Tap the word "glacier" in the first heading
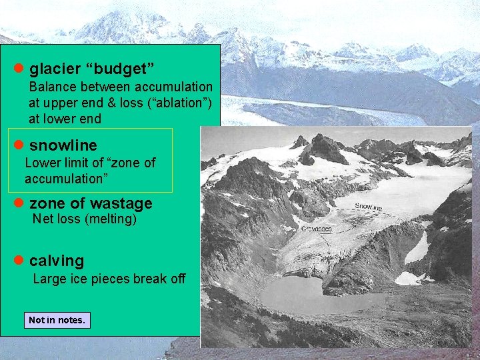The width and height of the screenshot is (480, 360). click(55, 68)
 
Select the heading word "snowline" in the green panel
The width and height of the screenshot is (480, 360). click(63, 145)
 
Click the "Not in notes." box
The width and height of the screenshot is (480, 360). click(57, 320)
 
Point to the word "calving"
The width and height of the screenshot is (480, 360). click(57, 261)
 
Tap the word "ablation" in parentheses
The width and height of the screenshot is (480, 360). click(181, 103)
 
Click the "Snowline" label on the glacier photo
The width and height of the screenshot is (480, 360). click(368, 207)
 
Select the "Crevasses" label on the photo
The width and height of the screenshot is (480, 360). click(317, 229)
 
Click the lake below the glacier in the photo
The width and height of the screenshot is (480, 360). click(313, 293)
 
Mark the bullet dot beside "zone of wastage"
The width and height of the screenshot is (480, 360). click(19, 203)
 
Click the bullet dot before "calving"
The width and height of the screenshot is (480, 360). click(19, 261)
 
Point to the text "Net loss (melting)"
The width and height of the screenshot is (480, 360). click(85, 219)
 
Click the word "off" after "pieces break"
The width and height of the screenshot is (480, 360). click(178, 279)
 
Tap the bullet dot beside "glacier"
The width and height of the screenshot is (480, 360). click(19, 68)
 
